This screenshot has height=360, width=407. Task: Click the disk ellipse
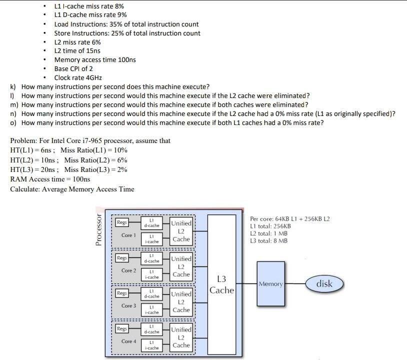tap(324, 284)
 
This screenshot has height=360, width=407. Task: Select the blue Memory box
tap(271, 283)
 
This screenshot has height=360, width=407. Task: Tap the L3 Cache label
tap(221, 284)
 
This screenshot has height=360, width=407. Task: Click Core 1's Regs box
tap(121, 222)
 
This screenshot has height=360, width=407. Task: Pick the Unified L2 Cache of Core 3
tap(181, 302)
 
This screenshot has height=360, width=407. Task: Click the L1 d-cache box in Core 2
tap(151, 258)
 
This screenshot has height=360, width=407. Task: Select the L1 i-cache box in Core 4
tap(151, 345)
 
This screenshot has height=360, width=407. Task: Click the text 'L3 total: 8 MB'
tap(268, 240)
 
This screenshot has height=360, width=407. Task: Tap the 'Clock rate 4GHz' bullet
tap(78, 77)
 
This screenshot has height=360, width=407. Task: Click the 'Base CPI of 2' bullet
tap(73, 68)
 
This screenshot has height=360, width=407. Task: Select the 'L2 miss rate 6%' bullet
tap(77, 42)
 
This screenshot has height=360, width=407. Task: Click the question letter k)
tap(13, 86)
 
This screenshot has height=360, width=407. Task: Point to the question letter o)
tap(13, 122)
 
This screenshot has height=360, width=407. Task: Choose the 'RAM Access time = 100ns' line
tap(50, 179)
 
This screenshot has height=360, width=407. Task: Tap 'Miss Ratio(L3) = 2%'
tap(95, 169)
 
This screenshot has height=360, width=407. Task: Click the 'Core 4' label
tap(128, 341)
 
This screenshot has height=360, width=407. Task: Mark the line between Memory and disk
tap(295, 284)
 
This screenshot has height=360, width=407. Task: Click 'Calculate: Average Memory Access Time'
tap(72, 189)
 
